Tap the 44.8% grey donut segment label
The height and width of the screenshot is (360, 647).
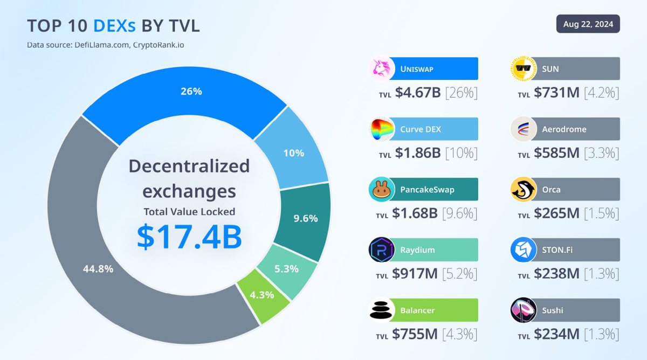[x=98, y=268]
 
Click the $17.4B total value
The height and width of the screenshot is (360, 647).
[x=189, y=237]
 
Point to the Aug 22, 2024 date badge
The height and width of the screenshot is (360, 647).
[x=588, y=25]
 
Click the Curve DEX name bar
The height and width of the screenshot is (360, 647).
[x=437, y=129]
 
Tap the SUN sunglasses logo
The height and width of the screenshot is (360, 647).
[x=524, y=69]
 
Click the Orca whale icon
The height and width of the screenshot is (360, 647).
[x=524, y=190]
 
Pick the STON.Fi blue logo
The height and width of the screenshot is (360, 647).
[x=524, y=250]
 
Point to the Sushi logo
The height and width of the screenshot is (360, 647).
[x=524, y=310]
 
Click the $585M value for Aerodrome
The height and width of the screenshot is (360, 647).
[x=556, y=153]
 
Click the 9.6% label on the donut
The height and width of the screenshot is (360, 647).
[x=305, y=219]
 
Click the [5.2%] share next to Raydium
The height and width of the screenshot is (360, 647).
[x=459, y=274]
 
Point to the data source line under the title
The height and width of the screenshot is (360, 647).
[x=105, y=45]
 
